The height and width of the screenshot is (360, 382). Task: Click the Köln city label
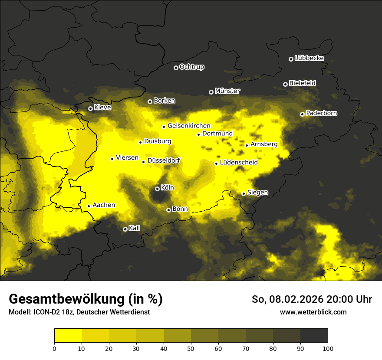(167, 188)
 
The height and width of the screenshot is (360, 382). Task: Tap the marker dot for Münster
(211, 92)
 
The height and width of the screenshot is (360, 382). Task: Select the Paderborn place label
(321, 113)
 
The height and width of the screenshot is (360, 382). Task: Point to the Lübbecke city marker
(291, 59)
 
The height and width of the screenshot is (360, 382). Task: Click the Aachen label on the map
(104, 205)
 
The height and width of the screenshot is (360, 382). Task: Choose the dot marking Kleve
(90, 108)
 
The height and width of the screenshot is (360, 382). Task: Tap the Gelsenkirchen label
(189, 126)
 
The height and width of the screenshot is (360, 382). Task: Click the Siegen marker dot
(244, 193)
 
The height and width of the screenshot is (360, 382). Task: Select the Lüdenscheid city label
(239, 162)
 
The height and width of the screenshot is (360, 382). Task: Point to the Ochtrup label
(191, 67)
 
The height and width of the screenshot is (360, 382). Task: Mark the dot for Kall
(125, 229)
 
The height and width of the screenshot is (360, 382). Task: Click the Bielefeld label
(302, 83)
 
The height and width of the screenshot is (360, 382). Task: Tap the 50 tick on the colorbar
(191, 348)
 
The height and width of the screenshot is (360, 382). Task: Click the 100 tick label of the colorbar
(328, 348)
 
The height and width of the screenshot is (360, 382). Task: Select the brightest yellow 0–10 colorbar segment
(68, 335)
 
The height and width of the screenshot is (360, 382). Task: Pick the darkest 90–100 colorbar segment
(314, 335)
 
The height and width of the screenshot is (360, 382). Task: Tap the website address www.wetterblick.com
(313, 312)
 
